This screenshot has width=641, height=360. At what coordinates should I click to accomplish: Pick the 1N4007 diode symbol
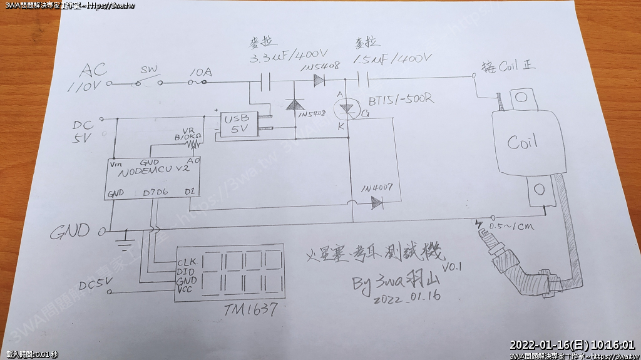pyautogui.click(x=376, y=203)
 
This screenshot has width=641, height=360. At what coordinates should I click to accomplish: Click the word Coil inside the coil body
pyautogui.click(x=522, y=142)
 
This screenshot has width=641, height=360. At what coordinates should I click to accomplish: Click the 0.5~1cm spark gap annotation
pyautogui.click(x=510, y=226)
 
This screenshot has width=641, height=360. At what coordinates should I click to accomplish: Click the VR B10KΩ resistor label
pyautogui.click(x=188, y=135)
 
